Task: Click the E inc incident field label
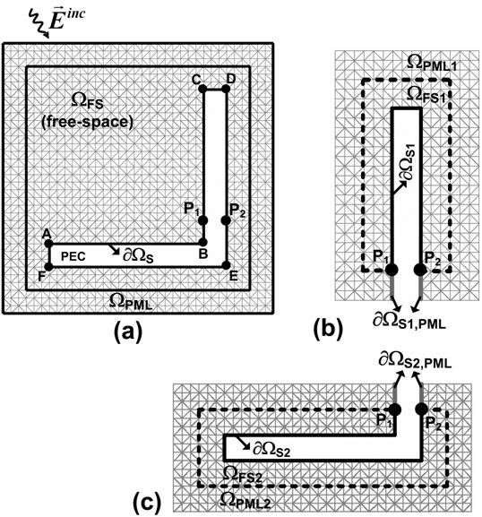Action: click(65, 20)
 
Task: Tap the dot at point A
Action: click(48, 244)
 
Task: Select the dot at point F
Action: click(48, 266)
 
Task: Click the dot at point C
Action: click(202, 89)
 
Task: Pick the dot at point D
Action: click(226, 89)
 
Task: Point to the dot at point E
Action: click(226, 265)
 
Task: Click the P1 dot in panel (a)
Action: click(203, 220)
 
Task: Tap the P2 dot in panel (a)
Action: click(226, 220)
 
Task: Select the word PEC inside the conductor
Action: click(73, 256)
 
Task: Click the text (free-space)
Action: click(88, 122)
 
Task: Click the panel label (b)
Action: click(329, 330)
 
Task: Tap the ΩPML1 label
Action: click(432, 63)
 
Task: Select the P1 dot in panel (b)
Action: click(392, 270)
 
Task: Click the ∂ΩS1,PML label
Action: click(409, 321)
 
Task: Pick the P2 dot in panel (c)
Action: click(422, 409)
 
